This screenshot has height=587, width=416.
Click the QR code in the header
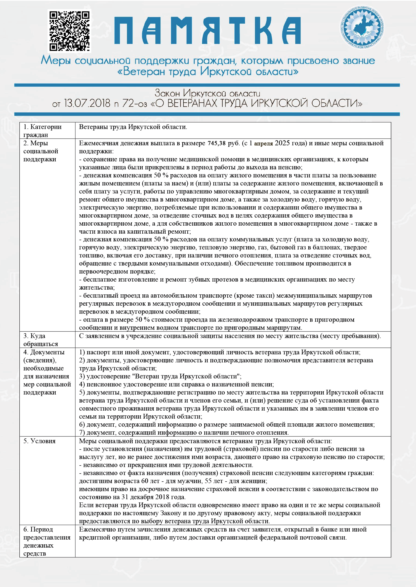point(69,31)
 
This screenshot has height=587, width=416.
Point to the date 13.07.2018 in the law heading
point(87,103)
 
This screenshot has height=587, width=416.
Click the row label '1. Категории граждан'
point(43,131)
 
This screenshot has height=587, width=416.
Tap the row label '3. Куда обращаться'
point(40,340)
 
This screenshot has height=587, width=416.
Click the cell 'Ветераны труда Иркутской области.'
point(133,127)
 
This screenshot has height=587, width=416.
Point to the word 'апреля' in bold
point(263,144)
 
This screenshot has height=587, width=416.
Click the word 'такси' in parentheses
point(264,296)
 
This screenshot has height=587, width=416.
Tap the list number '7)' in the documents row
point(82,432)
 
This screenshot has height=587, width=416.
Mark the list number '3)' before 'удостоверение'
point(82,376)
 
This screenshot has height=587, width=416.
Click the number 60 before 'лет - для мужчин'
point(145,481)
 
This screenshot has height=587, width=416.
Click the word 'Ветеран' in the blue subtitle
point(144,72)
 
